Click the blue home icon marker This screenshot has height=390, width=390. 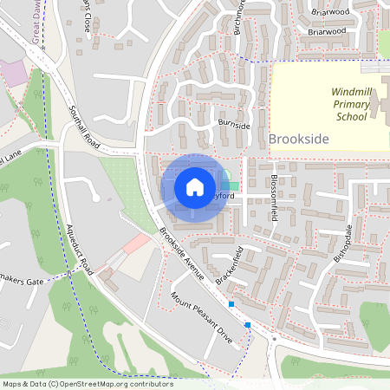[x=195, y=186]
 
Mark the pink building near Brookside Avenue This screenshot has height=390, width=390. [x=135, y=244]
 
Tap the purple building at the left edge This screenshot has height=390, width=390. [x=12, y=72]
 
